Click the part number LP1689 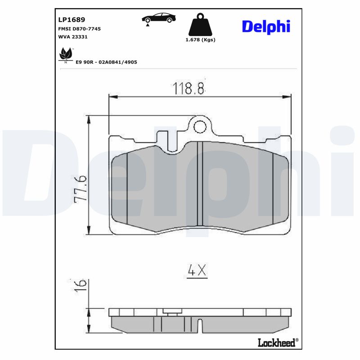(72, 20)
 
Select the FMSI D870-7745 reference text (79, 29)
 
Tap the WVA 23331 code (72, 37)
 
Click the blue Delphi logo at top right (266, 27)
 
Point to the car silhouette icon (158, 18)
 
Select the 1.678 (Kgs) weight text (200, 40)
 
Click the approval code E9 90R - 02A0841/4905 (106, 62)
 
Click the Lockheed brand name (276, 342)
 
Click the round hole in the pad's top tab (200, 127)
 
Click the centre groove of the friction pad (200, 184)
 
